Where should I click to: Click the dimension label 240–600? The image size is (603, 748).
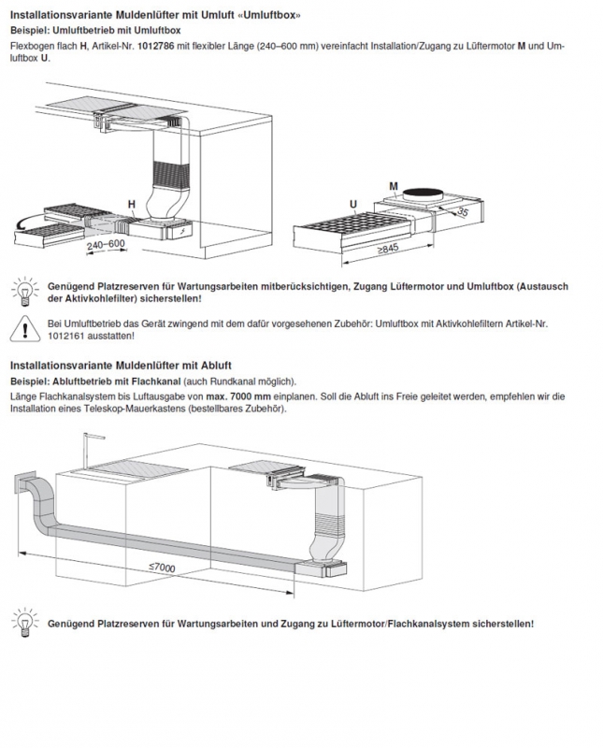(104, 244)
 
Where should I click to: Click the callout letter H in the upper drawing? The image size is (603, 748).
(131, 203)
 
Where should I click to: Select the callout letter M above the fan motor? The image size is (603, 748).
(395, 186)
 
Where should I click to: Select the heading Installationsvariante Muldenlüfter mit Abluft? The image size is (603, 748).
(121, 365)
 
